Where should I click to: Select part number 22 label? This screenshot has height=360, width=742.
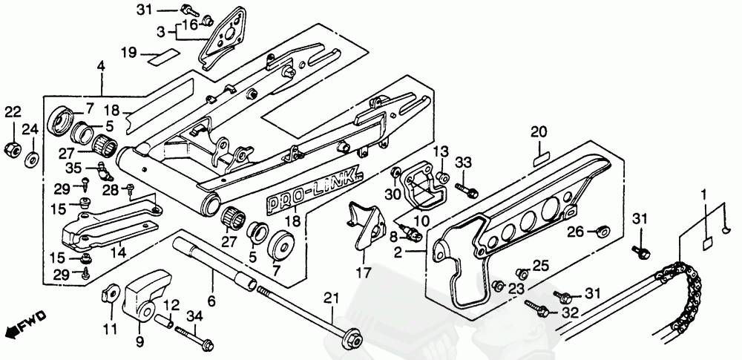13,112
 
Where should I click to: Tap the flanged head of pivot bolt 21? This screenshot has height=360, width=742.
351,340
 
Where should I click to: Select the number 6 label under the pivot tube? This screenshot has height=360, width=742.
211,301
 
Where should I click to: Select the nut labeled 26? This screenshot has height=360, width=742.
603,232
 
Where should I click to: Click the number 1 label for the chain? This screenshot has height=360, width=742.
704,194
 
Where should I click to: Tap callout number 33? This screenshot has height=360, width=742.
463,163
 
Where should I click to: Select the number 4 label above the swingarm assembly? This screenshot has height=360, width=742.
100,68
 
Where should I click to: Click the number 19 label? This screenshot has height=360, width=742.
128,52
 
